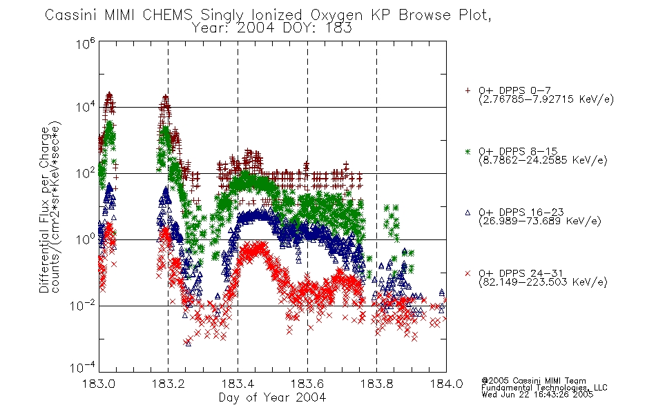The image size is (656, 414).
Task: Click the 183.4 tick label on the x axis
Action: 238,384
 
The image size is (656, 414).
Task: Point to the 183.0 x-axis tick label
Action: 99,384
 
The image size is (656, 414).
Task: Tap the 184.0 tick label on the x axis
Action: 446,384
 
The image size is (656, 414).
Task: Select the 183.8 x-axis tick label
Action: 377,384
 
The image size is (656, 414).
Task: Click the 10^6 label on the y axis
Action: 86,43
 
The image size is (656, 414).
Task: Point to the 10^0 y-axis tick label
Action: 86,239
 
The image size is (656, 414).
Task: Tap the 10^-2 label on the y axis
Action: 83,305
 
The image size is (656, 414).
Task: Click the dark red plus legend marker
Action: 467,90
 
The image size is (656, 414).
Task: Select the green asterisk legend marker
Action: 467,151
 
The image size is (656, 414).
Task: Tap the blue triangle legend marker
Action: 467,213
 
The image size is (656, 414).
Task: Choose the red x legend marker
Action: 467,273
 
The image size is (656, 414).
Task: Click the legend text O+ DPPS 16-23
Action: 521,212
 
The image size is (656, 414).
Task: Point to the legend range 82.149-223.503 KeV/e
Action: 543,282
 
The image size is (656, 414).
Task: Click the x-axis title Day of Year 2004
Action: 272,397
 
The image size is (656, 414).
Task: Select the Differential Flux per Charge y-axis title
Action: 44,210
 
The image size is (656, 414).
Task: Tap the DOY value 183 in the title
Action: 340,28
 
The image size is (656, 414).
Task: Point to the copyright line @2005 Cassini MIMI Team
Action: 534,381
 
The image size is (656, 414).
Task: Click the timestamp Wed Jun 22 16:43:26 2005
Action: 537,394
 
